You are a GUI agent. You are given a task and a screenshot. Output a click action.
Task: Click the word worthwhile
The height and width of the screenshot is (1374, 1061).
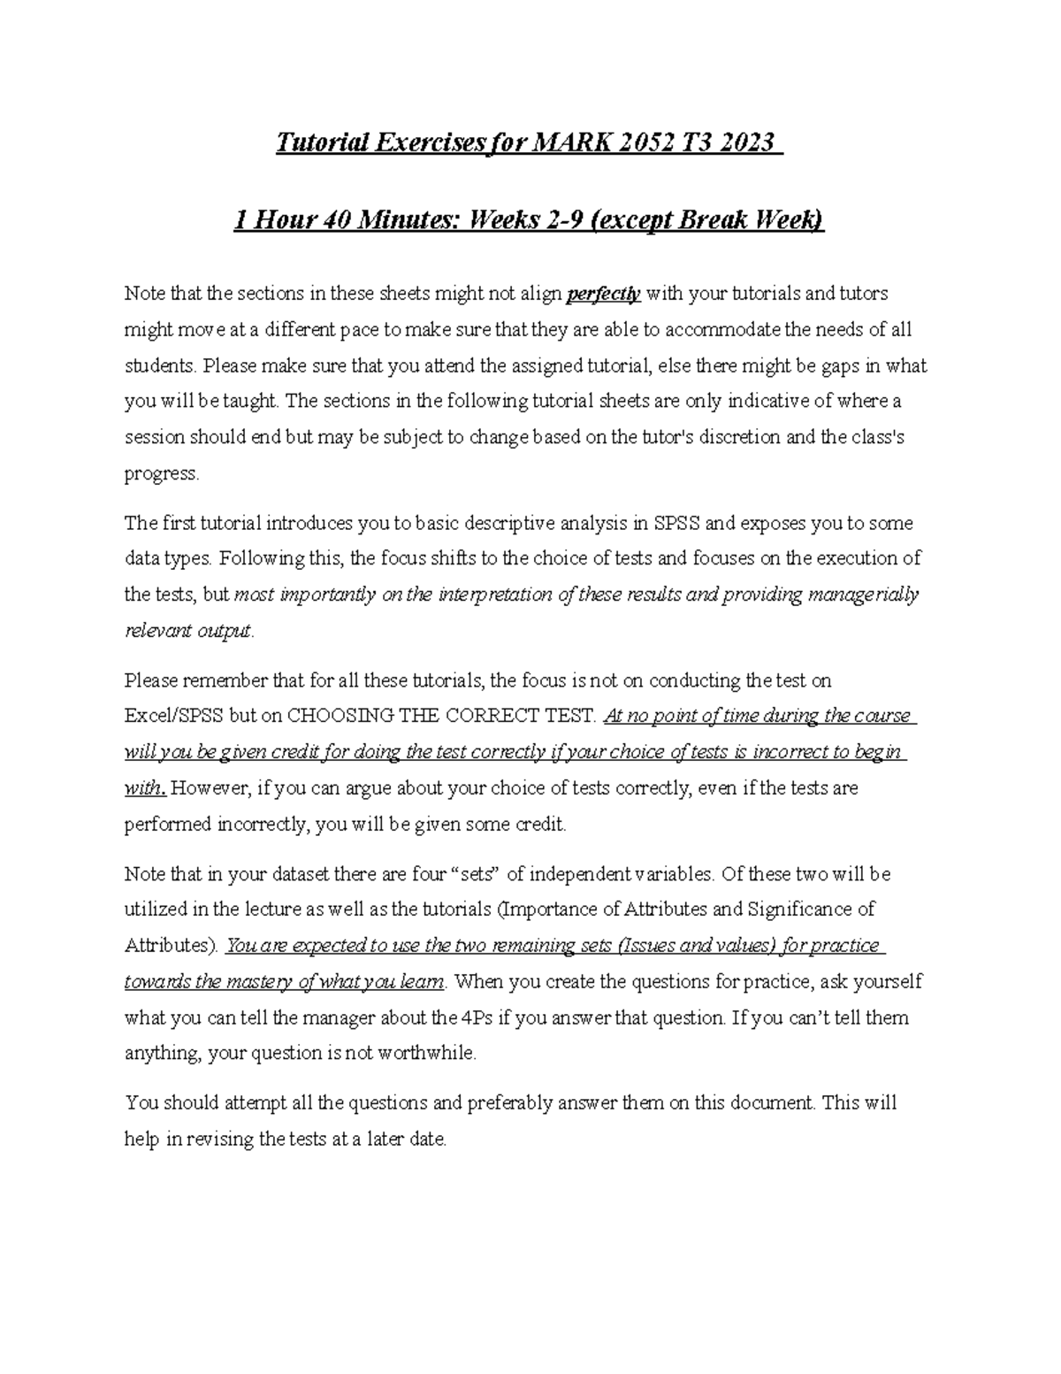(426, 1054)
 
